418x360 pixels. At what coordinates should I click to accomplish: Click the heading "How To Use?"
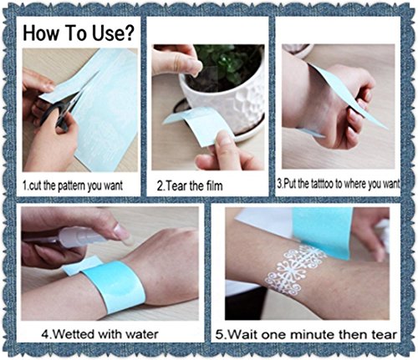(79, 33)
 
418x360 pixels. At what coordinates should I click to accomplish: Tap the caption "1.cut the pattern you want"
(73, 185)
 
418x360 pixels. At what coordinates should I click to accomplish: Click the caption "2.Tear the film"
(190, 185)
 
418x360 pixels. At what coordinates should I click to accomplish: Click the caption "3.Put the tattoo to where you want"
(338, 184)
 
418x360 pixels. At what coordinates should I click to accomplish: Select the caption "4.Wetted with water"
(99, 333)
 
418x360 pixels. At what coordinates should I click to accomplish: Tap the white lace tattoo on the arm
(294, 269)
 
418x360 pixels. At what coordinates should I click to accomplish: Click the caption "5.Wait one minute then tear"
(307, 334)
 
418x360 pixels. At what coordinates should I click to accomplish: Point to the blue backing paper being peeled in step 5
(324, 232)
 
